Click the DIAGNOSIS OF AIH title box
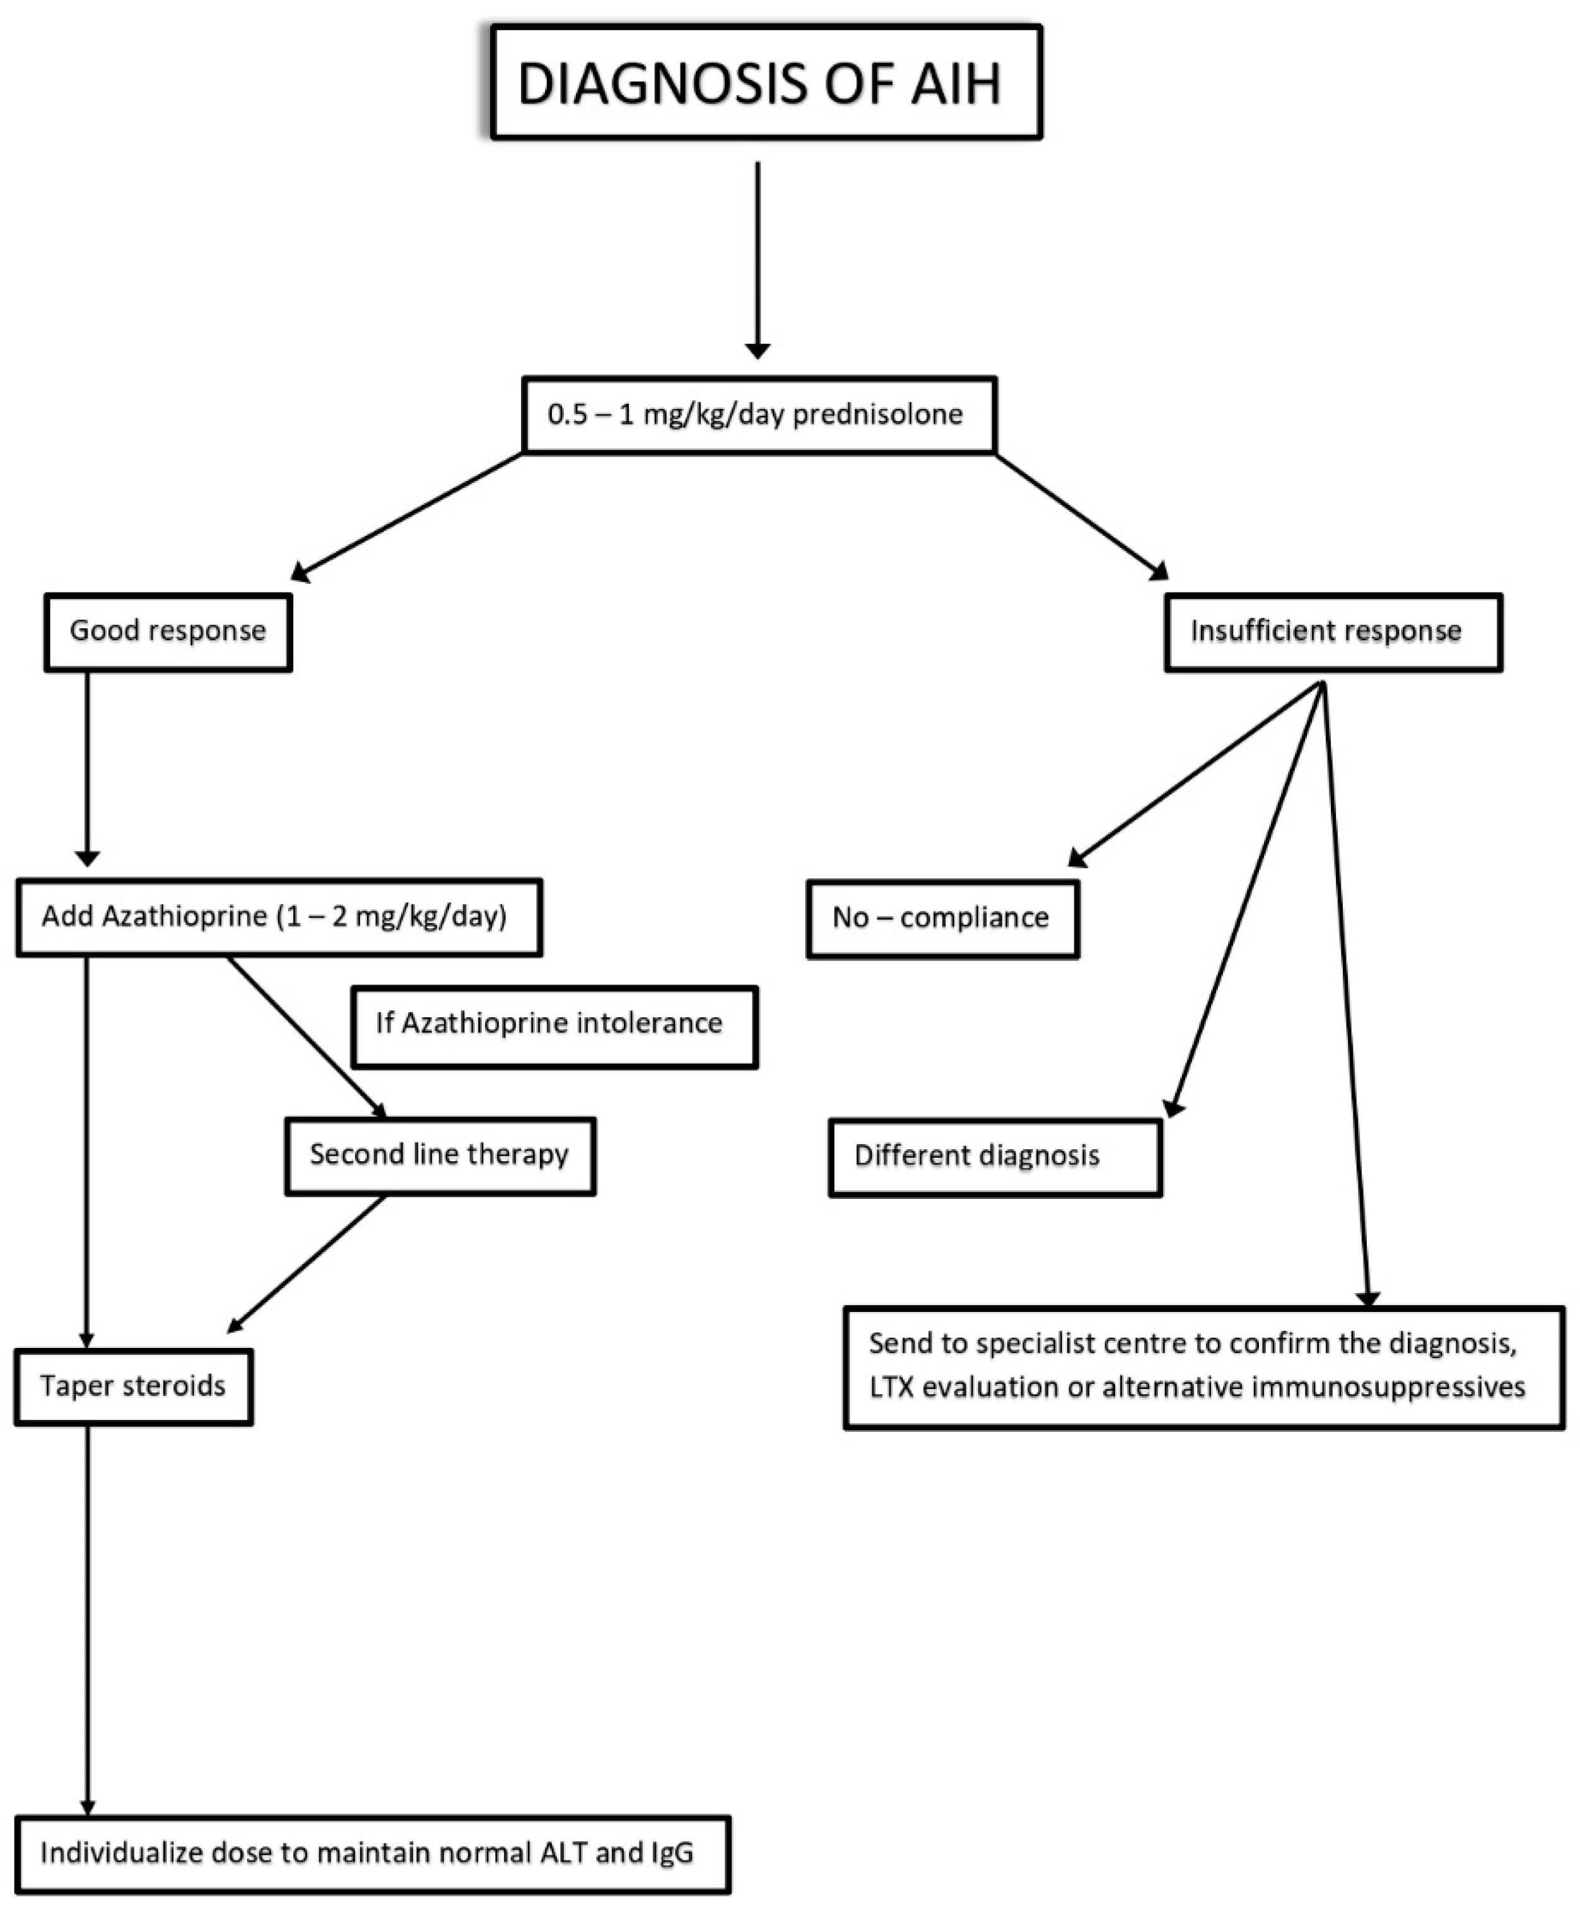[x=766, y=82]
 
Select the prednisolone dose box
[x=759, y=415]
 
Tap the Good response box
[x=168, y=632]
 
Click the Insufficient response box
[x=1333, y=632]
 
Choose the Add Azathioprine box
[x=279, y=917]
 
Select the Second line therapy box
[x=440, y=1155]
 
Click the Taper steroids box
[x=133, y=1386]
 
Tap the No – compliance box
[x=942, y=918]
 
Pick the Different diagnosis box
[x=994, y=1156]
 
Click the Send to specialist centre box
[x=1203, y=1366]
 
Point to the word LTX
[x=890, y=1388]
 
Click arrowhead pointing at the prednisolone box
[x=758, y=351]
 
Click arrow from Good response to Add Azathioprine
[x=88, y=765]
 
